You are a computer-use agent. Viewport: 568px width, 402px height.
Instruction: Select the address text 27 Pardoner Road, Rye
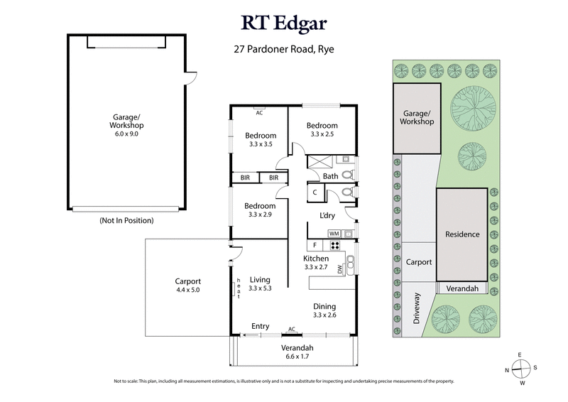click(x=284, y=50)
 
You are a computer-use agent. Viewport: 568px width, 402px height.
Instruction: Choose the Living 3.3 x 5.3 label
click(x=261, y=283)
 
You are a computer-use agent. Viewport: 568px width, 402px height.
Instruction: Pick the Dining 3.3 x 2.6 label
click(x=325, y=310)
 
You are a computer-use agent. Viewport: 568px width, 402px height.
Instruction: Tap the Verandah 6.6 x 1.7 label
click(x=293, y=352)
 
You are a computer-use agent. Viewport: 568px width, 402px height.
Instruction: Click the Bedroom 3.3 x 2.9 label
click(x=260, y=210)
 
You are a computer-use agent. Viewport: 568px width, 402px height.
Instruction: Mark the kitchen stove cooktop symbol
click(x=334, y=246)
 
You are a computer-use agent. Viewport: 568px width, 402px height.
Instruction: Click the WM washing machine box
click(x=334, y=233)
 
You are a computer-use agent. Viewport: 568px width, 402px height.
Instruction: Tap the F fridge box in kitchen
click(x=315, y=246)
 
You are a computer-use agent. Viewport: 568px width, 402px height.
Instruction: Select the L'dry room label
click(x=327, y=215)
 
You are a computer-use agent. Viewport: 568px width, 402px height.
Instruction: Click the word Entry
click(x=261, y=327)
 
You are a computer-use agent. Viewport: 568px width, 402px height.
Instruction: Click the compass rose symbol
click(x=521, y=369)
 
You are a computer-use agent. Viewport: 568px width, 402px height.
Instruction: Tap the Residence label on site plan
click(x=462, y=234)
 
